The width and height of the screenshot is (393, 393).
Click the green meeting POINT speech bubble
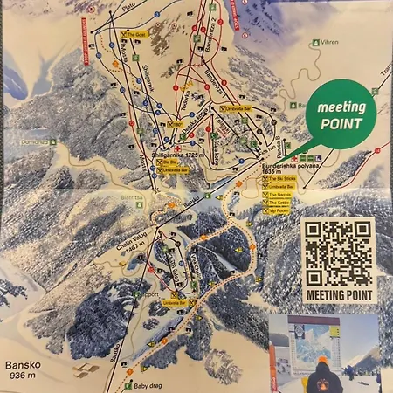(x=340, y=116)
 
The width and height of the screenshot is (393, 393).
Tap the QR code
(x=338, y=253)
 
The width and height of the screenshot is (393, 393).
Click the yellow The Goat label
(x=138, y=35)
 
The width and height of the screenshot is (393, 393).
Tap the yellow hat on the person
(x=324, y=360)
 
